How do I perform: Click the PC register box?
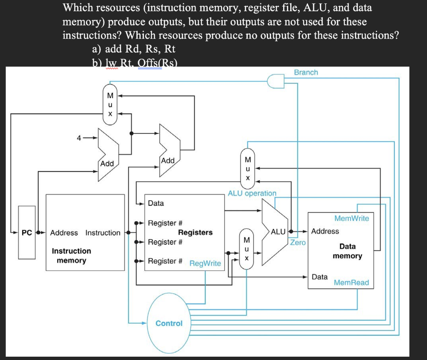(27, 232)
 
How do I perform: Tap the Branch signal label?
(306, 72)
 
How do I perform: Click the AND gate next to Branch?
(276, 81)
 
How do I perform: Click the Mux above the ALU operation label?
(248, 168)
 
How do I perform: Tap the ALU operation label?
(252, 193)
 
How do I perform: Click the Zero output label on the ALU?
(298, 242)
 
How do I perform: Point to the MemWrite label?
(352, 218)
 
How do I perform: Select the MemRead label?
(352, 282)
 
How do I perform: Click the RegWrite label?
(205, 263)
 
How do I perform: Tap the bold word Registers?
(195, 232)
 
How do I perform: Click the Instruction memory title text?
(71, 255)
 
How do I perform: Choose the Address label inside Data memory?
(325, 231)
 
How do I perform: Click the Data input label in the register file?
(156, 203)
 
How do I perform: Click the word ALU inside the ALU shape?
(278, 231)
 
